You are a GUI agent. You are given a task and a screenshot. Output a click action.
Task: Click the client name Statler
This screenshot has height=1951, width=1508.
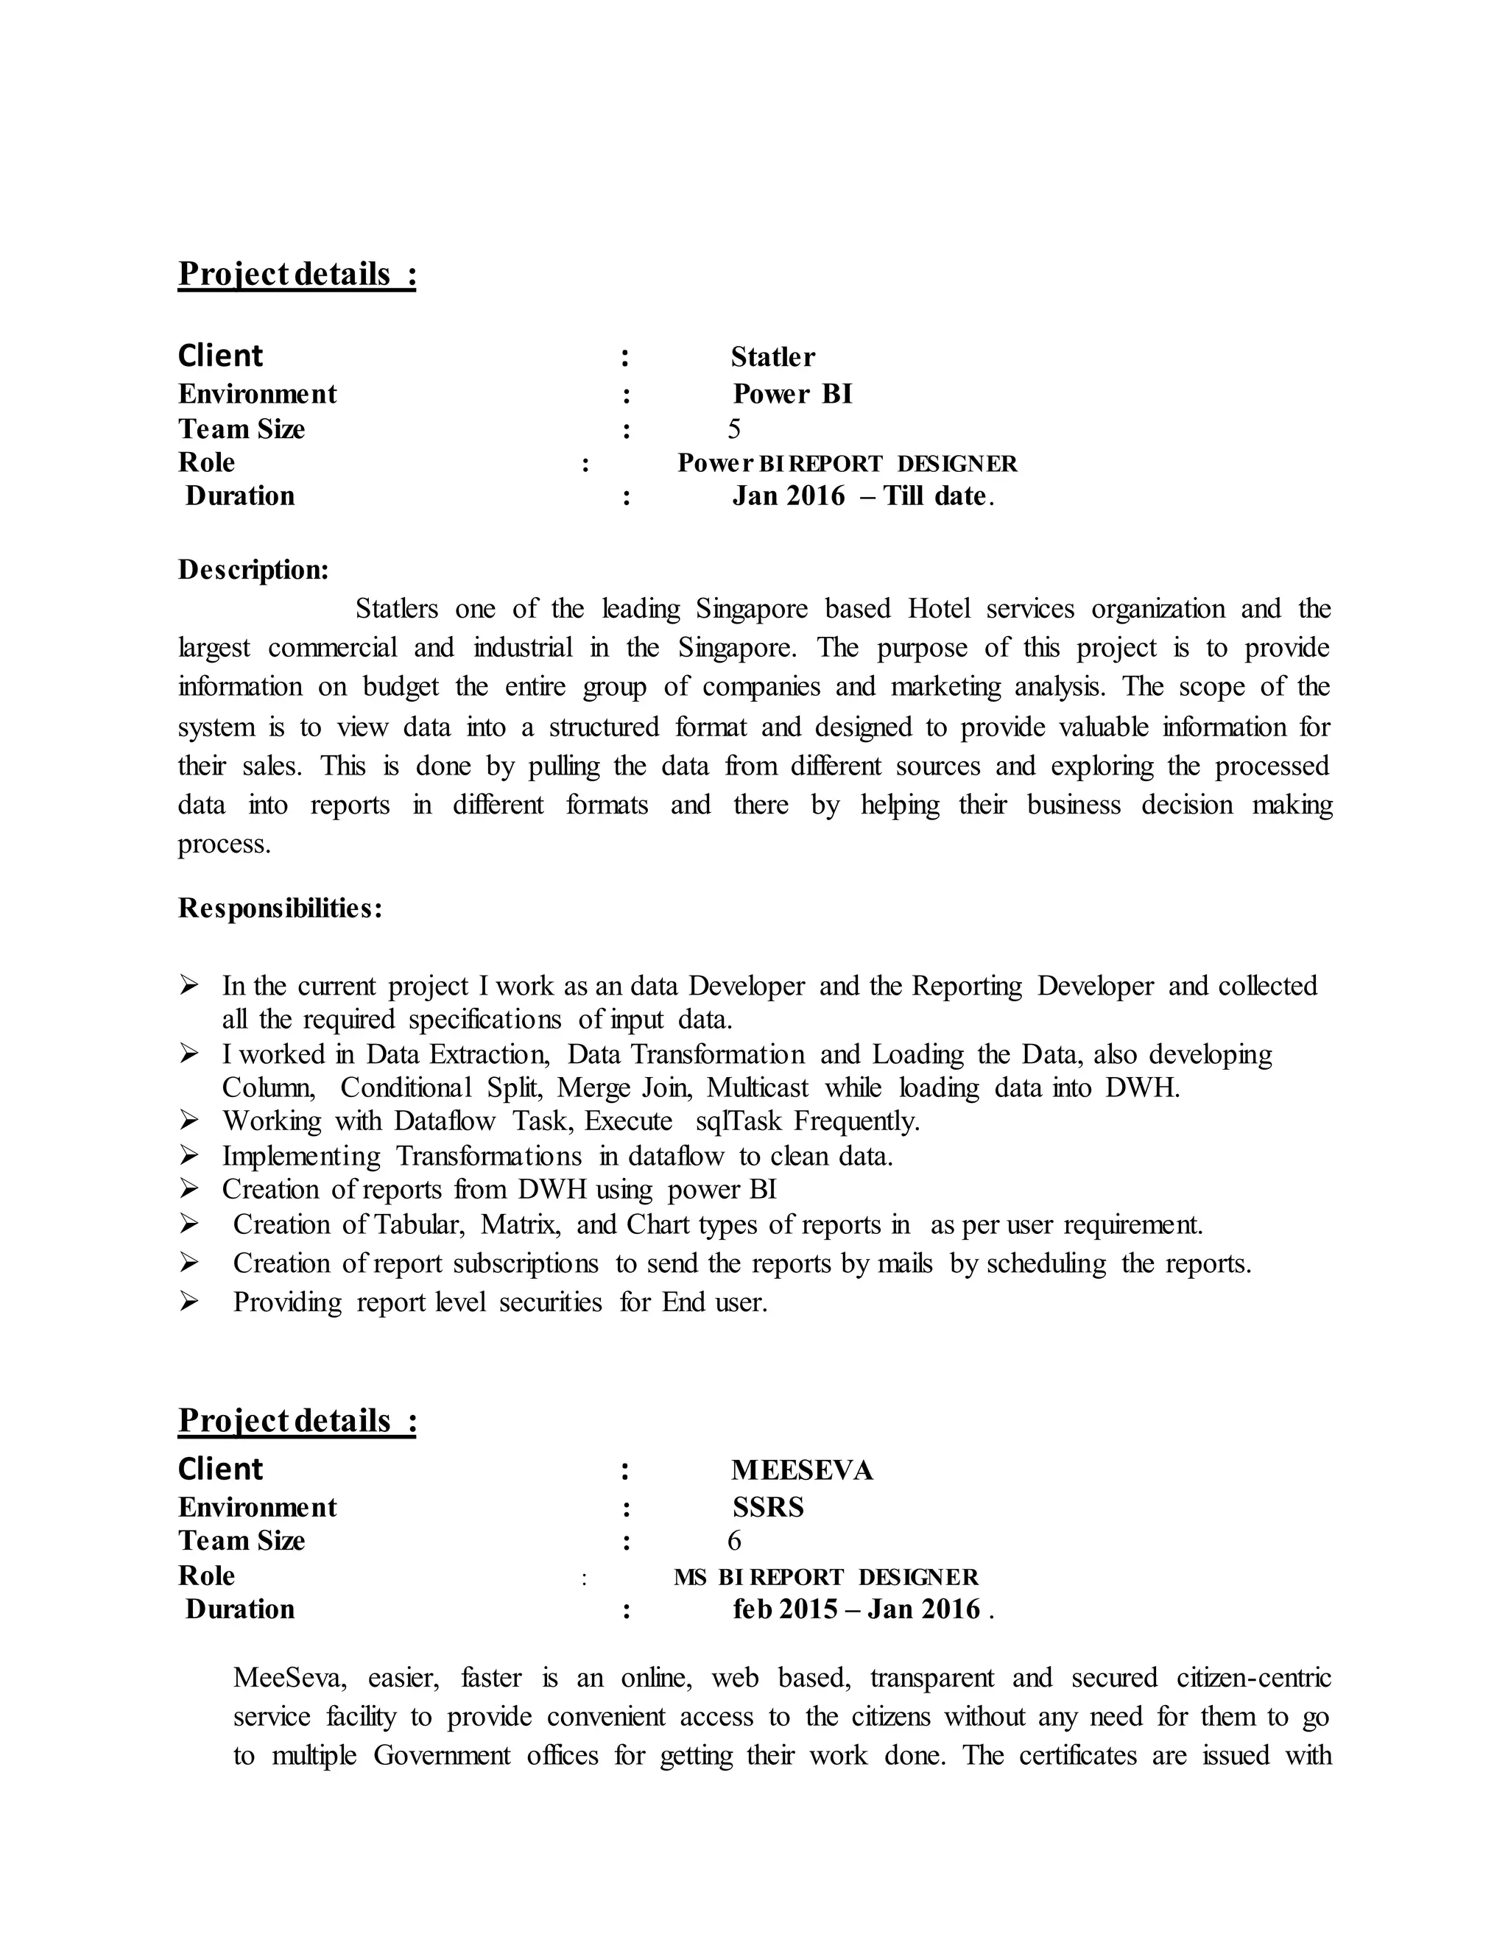pos(772,357)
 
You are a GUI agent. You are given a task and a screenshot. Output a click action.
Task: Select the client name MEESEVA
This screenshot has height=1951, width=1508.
pos(801,1470)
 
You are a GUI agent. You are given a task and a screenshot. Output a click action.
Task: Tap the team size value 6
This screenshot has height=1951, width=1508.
pos(733,1541)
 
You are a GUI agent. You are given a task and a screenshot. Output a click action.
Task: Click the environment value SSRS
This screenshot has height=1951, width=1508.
pos(767,1508)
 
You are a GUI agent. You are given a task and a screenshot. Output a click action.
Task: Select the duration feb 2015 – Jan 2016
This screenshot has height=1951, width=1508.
pos(862,1609)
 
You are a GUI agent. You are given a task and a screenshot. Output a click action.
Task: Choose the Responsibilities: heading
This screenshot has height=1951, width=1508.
pos(281,909)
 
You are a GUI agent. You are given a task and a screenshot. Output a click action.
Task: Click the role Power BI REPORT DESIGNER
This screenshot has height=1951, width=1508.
pos(847,464)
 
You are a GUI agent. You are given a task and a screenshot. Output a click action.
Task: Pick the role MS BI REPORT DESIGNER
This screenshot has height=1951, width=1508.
pos(825,1577)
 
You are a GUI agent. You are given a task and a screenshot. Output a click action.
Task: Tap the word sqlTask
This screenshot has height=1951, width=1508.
pos(738,1121)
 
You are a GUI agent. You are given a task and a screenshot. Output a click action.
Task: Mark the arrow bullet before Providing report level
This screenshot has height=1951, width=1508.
pos(188,1302)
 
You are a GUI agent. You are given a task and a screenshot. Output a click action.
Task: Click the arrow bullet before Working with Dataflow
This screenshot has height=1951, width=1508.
pos(188,1121)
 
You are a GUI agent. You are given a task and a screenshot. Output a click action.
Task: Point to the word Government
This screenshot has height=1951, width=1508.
pos(441,1755)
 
